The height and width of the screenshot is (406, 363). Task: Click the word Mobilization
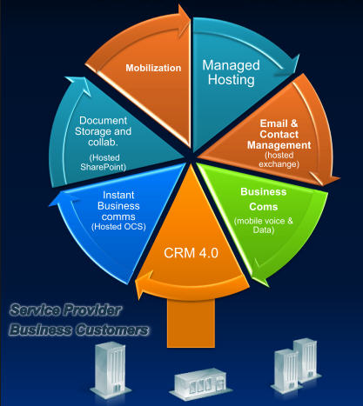point(153,68)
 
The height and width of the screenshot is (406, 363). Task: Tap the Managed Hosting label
point(231,72)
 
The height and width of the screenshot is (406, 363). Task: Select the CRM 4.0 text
point(191,253)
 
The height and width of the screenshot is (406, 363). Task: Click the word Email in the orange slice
point(271,123)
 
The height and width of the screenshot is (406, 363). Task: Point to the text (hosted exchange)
point(279,160)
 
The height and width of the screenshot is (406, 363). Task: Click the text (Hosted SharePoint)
point(104,163)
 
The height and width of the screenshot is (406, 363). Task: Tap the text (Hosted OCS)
point(118,226)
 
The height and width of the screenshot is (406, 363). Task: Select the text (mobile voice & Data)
point(264,225)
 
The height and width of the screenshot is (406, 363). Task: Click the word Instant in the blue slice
point(118,195)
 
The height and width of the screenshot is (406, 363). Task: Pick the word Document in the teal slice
point(104,121)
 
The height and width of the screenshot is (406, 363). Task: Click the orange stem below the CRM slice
point(191,323)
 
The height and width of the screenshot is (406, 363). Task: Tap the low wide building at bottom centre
point(200,383)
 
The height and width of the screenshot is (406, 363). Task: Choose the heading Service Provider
point(65,310)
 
